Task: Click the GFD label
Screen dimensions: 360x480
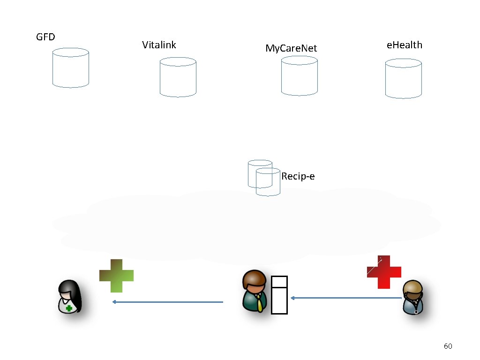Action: click(x=45, y=37)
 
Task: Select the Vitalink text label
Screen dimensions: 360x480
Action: click(x=159, y=45)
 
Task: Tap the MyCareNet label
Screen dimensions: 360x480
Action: click(x=291, y=48)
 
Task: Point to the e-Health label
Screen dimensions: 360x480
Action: click(x=404, y=45)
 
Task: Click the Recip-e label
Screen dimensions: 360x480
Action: click(x=298, y=176)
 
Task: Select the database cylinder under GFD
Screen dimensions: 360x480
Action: click(x=71, y=68)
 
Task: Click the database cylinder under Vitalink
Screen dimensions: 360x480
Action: click(x=178, y=77)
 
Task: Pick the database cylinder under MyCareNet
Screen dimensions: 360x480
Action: click(x=299, y=76)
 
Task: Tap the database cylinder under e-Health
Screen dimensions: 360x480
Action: click(x=403, y=79)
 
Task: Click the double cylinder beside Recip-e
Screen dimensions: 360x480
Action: click(x=264, y=177)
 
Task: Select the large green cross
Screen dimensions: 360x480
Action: click(x=116, y=276)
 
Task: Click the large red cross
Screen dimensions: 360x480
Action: click(x=384, y=272)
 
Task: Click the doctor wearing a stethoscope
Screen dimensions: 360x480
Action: click(x=413, y=297)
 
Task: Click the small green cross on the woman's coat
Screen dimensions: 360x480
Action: click(x=69, y=308)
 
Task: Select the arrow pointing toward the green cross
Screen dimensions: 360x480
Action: click(x=167, y=302)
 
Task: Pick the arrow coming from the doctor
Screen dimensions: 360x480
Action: click(x=346, y=298)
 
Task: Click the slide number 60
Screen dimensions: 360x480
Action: click(x=448, y=346)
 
